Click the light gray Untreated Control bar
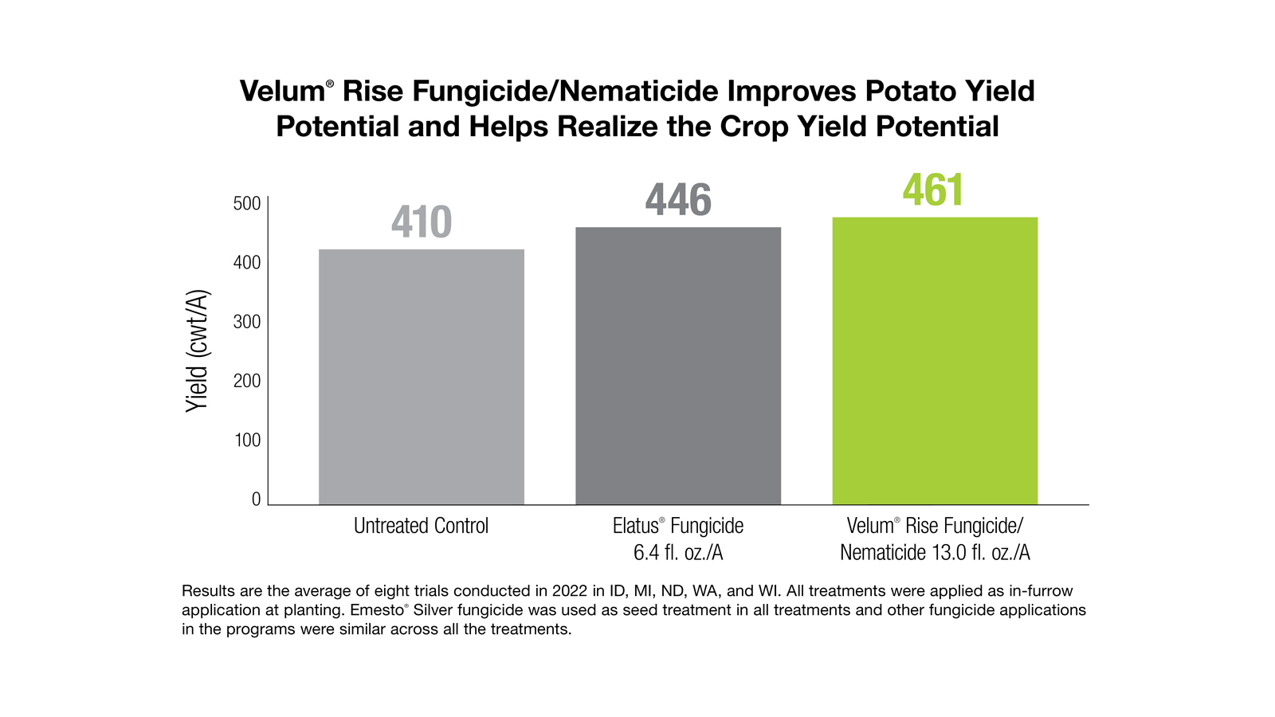[x=422, y=376]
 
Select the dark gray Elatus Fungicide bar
[x=678, y=366]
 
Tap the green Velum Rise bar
[x=935, y=360]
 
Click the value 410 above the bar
[x=422, y=222]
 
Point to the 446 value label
[x=678, y=200]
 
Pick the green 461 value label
[x=933, y=190]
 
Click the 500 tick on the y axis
[x=247, y=203]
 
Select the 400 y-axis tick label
[x=247, y=262]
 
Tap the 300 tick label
[x=247, y=322]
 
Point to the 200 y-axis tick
[x=247, y=381]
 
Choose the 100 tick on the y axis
[x=247, y=440]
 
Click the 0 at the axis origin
[x=256, y=499]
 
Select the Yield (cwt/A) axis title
[x=197, y=351]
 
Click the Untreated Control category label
[x=421, y=526]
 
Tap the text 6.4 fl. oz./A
[x=678, y=552]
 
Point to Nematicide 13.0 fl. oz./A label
[x=935, y=552]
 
